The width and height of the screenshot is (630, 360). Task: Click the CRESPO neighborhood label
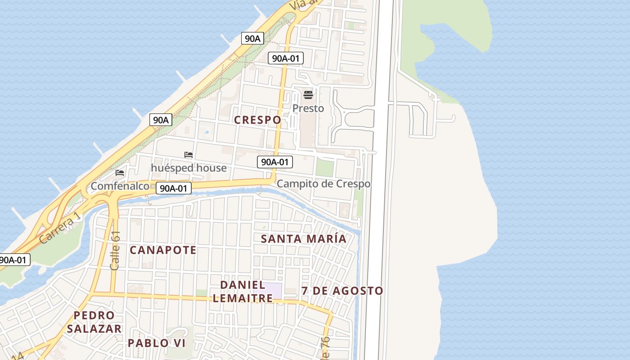click(257, 120)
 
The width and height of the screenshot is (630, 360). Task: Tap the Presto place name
click(308, 108)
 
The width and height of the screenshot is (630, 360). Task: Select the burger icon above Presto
click(308, 94)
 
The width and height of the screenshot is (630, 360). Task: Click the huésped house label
click(189, 168)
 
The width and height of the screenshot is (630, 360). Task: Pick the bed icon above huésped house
click(189, 155)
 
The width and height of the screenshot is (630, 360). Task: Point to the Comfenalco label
click(120, 186)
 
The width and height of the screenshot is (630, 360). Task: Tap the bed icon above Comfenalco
click(120, 172)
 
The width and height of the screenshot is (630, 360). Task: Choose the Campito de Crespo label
click(324, 184)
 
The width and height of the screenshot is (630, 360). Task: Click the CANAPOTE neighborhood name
click(163, 250)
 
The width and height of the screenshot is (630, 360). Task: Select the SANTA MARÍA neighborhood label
click(304, 239)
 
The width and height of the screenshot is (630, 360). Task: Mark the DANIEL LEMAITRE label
click(243, 291)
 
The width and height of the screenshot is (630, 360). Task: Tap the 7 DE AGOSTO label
click(342, 291)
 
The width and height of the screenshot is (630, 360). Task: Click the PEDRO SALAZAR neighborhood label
click(94, 322)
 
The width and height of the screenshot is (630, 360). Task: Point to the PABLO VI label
click(157, 343)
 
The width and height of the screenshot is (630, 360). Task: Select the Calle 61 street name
click(115, 251)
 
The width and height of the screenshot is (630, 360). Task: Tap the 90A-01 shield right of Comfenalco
click(174, 189)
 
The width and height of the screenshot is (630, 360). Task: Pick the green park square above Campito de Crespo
click(324, 168)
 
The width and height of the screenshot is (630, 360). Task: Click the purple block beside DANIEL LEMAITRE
click(273, 290)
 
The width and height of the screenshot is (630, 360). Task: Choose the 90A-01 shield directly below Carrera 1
click(14, 260)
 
